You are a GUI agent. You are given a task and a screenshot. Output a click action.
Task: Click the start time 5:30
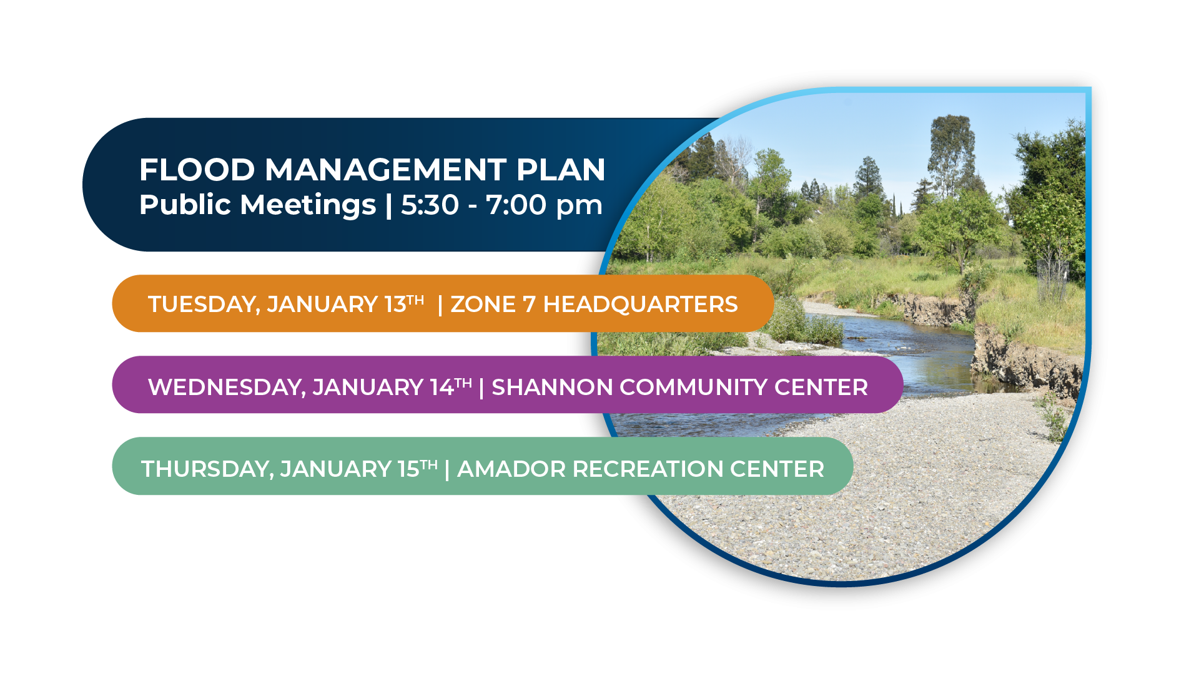point(430,205)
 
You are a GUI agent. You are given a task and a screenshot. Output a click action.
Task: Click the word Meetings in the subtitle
point(308,205)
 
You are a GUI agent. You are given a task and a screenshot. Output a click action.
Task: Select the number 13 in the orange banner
point(395,305)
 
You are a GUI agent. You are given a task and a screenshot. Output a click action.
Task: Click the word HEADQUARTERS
point(640,305)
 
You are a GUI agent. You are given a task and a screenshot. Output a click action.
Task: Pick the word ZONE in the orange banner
point(483,305)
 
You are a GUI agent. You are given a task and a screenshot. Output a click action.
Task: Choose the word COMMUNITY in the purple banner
point(693,388)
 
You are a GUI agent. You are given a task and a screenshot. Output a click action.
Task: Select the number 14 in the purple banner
point(442,388)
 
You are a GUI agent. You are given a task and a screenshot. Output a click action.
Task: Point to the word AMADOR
point(511,469)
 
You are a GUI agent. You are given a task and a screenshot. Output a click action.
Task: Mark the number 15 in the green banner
point(408,469)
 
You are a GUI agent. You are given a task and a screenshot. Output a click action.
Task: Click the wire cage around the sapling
point(1053,280)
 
